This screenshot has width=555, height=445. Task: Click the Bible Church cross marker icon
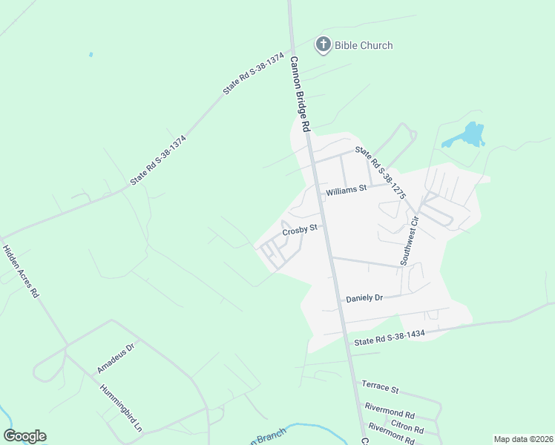323,45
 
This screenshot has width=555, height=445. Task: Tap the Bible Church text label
364,46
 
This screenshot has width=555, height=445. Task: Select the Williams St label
347,189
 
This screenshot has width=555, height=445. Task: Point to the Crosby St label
300,228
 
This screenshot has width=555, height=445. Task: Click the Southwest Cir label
410,242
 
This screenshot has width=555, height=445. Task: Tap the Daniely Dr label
364,298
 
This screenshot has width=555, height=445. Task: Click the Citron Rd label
407,429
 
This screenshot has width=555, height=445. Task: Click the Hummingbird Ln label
120,408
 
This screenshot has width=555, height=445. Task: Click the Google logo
24,435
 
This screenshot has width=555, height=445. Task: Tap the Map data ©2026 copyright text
523,439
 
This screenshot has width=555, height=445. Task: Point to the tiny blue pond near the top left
91,54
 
